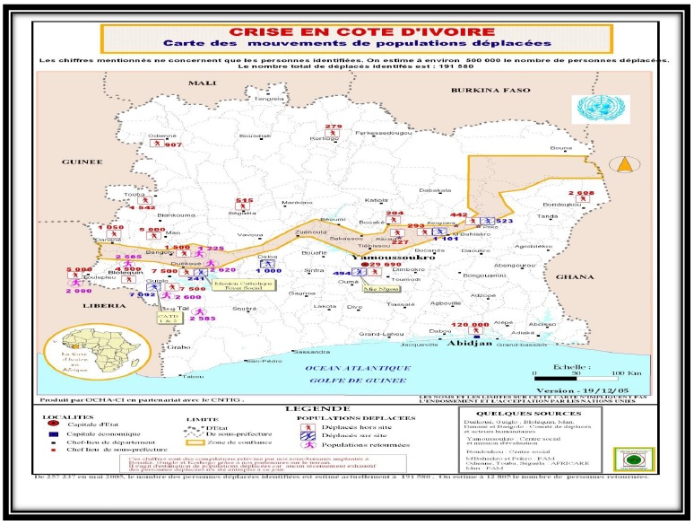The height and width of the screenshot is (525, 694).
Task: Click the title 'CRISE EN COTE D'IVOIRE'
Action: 355,31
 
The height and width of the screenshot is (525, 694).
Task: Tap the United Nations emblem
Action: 591,108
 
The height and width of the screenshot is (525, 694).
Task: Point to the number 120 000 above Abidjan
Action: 470,324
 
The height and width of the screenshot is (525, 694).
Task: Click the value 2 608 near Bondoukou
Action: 581,193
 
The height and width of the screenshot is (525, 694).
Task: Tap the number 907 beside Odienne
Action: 173,144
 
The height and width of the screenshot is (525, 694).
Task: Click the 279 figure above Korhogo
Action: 334,127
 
